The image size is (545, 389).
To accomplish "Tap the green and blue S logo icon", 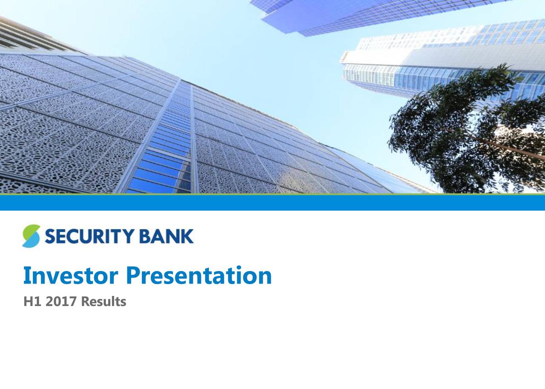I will click(x=31, y=236).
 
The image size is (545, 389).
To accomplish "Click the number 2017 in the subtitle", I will click(x=61, y=302).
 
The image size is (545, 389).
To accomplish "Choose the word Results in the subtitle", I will click(x=103, y=302).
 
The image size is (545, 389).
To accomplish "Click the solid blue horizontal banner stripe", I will click(x=272, y=202).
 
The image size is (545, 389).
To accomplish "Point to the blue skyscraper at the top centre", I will click(x=341, y=15).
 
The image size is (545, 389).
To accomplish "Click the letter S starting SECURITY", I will click(x=49, y=236).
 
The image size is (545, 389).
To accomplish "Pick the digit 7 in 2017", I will click(x=73, y=302).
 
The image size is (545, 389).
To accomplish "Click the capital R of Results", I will click(x=85, y=302).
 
